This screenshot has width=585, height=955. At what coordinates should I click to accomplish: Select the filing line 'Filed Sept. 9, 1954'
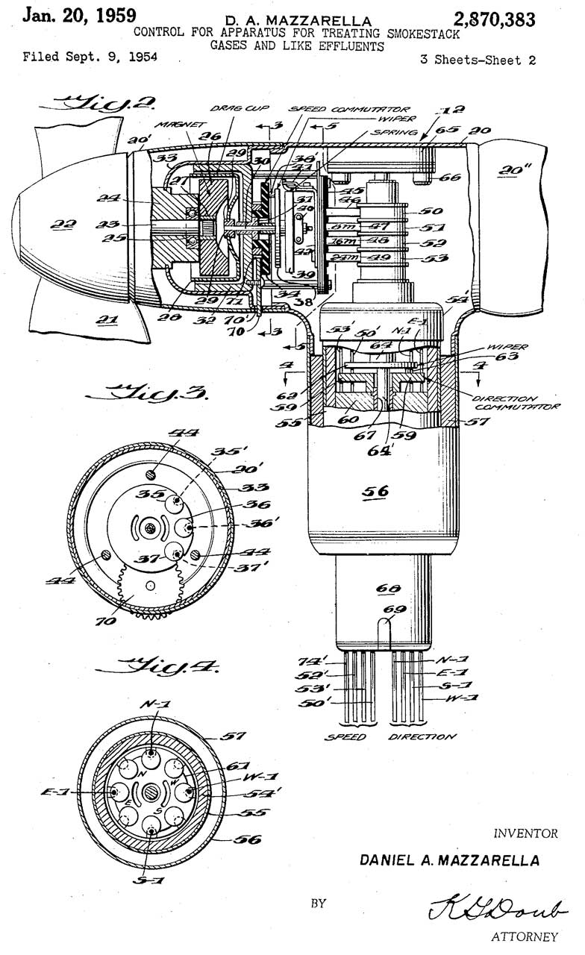tap(90, 57)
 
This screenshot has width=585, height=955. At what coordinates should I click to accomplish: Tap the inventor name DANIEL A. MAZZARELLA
tap(450, 860)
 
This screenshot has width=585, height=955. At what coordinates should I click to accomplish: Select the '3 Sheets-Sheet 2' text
tap(478, 61)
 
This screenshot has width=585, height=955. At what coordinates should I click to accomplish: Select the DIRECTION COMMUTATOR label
tap(518, 404)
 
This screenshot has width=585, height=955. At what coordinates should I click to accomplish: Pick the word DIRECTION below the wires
tap(422, 736)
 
